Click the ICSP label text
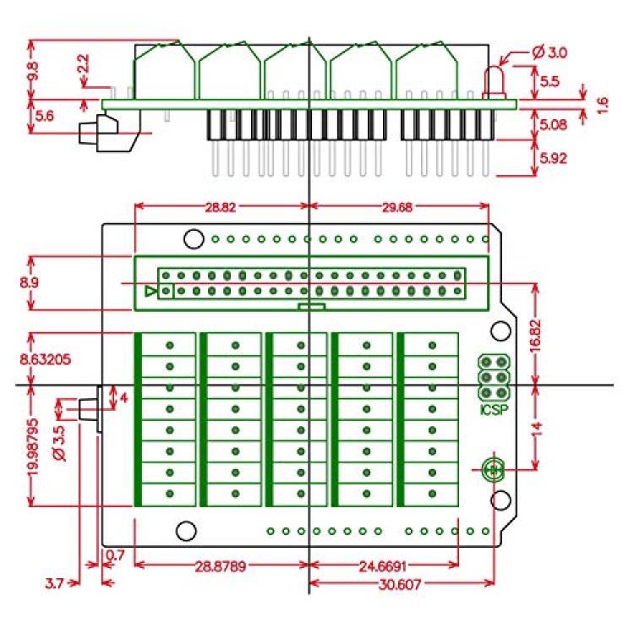[x=494, y=410]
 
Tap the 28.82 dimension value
[x=221, y=207]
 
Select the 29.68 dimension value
[x=397, y=207]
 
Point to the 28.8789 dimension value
[x=221, y=566]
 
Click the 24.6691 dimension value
[x=382, y=566]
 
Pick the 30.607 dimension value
[x=400, y=584]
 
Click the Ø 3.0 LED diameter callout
[x=550, y=52]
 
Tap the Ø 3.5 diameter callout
[x=59, y=443]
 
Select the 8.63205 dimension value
[x=46, y=359]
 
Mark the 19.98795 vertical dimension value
[x=33, y=447]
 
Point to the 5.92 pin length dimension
[x=553, y=158]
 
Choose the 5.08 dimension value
[x=553, y=124]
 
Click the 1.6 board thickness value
[x=602, y=106]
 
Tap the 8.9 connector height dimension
[x=29, y=282]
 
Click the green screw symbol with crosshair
[x=494, y=469]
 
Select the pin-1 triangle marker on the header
[x=150, y=291]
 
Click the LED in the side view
[x=494, y=83]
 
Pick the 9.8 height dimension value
[x=34, y=71]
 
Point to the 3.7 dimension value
[x=55, y=583]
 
